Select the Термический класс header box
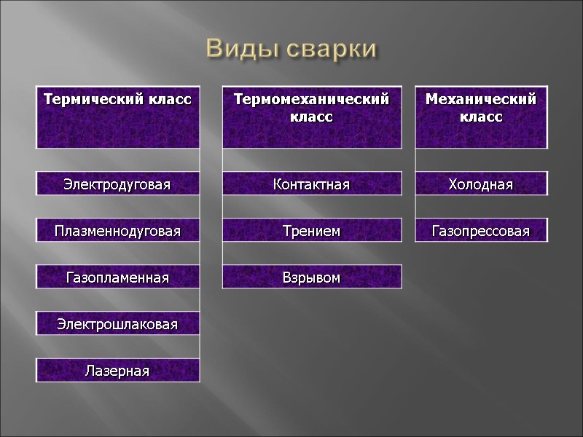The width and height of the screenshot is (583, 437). (x=117, y=117)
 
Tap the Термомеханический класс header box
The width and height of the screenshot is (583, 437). (x=311, y=117)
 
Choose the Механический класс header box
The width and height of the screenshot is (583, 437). (x=481, y=117)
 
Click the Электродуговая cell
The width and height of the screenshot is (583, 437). (x=117, y=184)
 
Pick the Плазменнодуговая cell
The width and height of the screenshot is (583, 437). (x=117, y=232)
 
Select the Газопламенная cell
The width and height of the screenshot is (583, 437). (x=117, y=277)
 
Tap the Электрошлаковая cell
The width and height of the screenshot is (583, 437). (x=117, y=324)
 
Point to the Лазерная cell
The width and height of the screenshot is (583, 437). (x=117, y=371)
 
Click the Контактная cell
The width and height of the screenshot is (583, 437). (x=311, y=184)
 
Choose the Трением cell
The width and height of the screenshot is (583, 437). (x=311, y=232)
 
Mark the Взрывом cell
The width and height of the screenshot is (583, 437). (x=311, y=277)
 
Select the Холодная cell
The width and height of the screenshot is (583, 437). (x=481, y=184)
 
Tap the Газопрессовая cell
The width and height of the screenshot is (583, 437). (x=481, y=232)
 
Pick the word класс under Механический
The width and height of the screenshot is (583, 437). (x=481, y=117)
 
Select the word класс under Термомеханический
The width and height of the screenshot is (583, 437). (x=311, y=117)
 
